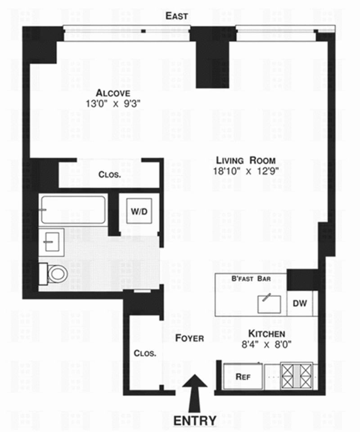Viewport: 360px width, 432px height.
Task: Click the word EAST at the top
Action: coord(176,16)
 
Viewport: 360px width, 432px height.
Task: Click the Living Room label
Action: coord(245,160)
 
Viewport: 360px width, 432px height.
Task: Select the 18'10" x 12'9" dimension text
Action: coord(247,171)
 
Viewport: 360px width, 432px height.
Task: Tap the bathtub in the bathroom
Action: coord(73,209)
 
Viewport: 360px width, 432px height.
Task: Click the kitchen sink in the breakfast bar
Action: coord(269,303)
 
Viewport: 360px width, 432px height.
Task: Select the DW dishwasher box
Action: coord(300,303)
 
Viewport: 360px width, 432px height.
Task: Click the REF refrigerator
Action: coord(243,377)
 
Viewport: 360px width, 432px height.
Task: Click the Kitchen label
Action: coord(267,334)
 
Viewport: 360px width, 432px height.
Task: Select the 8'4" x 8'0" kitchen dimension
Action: coord(267,345)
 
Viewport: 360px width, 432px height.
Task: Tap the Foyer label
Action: coord(189,338)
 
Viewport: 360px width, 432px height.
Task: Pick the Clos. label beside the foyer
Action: coord(145,353)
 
